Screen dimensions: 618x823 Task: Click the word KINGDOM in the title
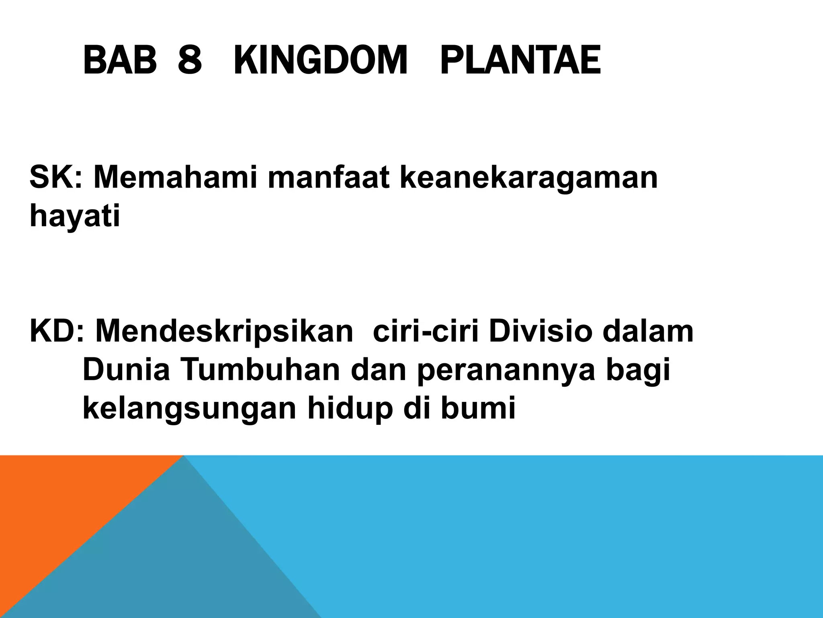click(x=320, y=61)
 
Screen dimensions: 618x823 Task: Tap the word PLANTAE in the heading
click(x=520, y=61)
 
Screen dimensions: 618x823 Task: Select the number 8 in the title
click(x=189, y=61)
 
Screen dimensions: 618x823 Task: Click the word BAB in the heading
click(x=120, y=61)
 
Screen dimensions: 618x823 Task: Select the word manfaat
click(x=328, y=177)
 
